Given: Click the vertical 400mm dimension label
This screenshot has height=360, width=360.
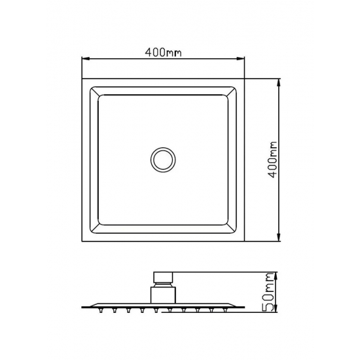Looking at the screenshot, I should tap(275, 159).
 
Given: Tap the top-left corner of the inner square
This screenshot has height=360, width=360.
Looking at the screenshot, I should tap(98, 97).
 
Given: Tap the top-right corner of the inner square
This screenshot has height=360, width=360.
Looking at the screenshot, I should tap(226, 97).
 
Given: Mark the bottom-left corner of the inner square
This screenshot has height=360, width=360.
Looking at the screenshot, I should tap(98, 225).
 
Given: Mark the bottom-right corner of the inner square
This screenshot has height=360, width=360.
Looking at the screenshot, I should tap(226, 225).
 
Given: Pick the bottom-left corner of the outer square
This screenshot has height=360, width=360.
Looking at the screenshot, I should tap(82, 241).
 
